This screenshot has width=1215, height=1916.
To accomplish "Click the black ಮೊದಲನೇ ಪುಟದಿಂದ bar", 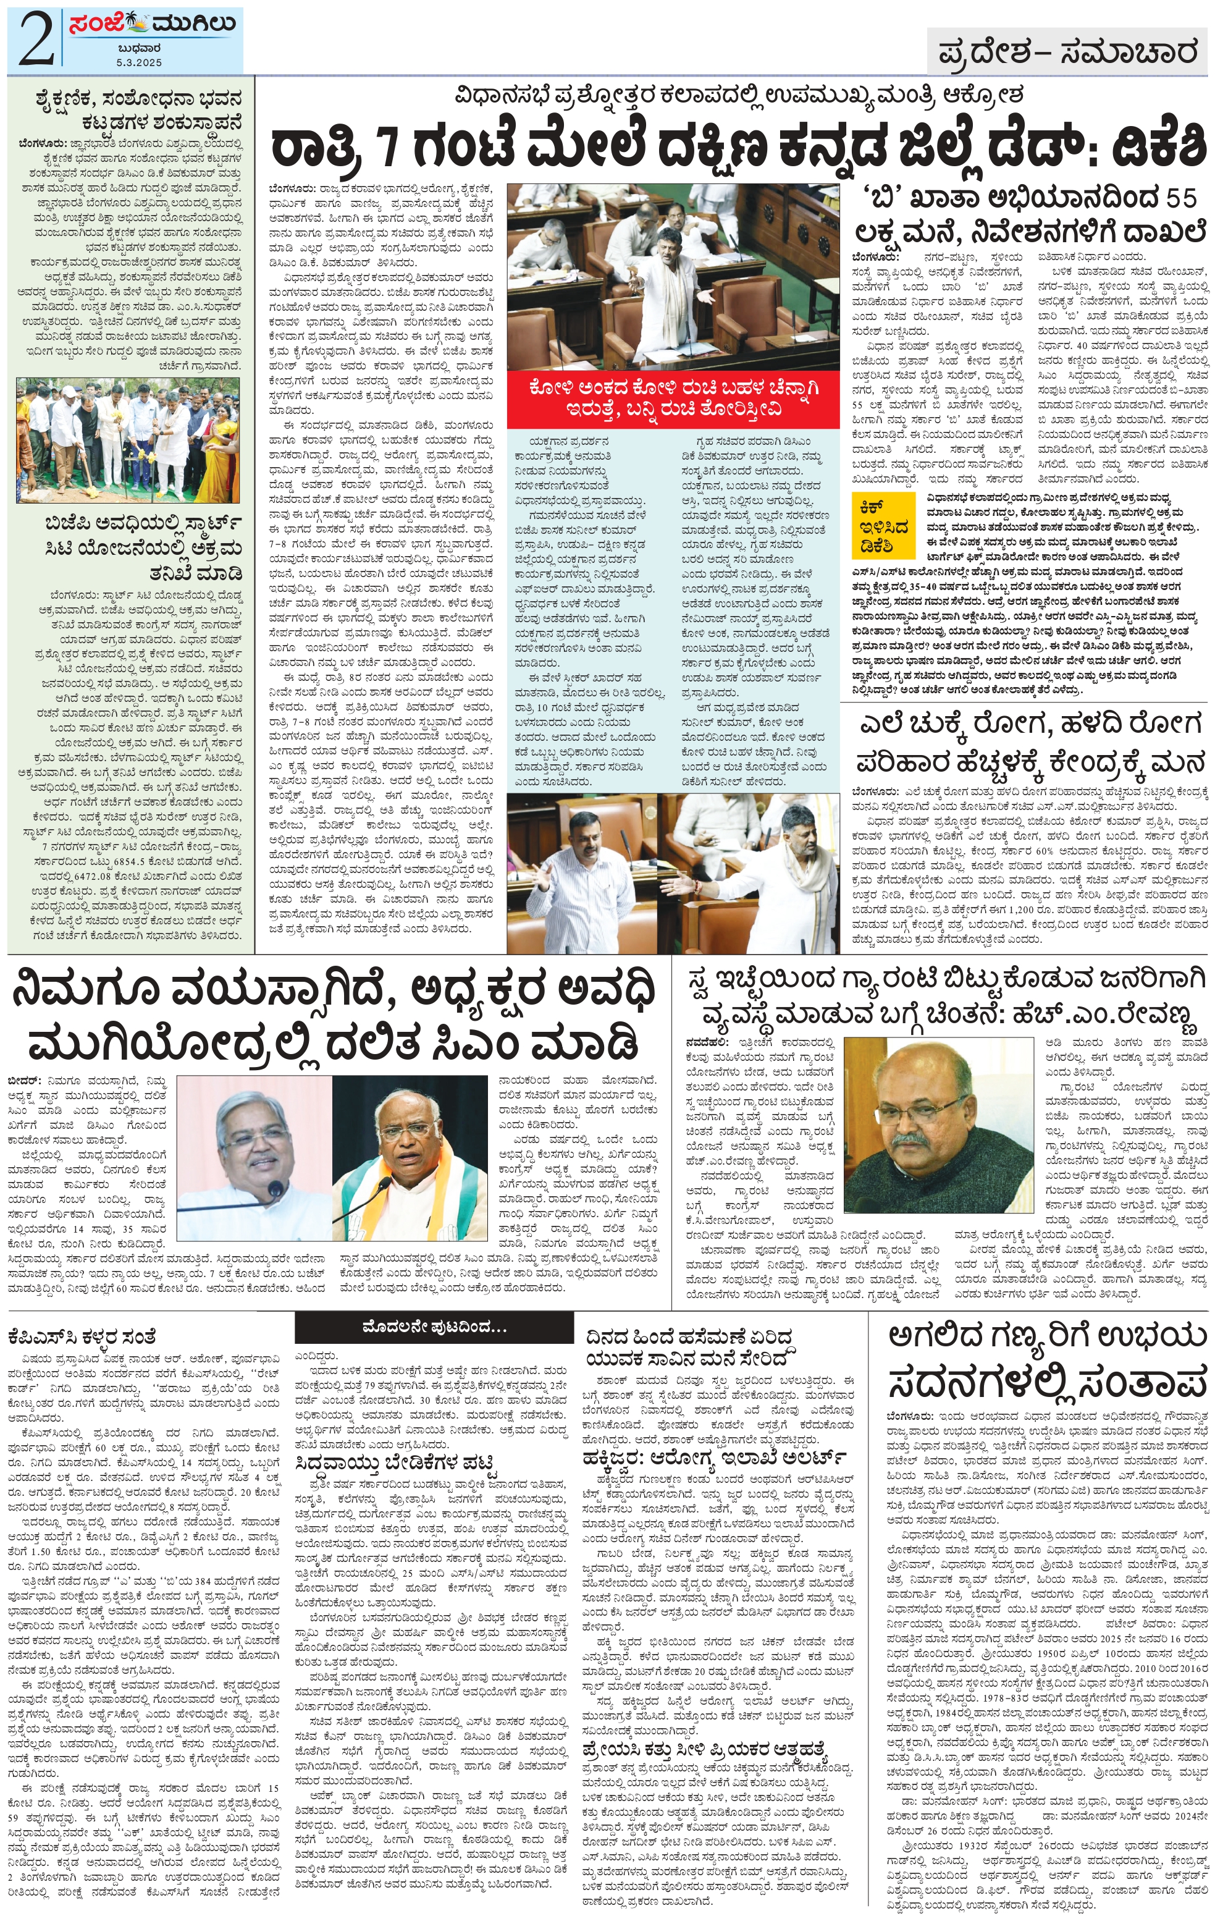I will click(x=434, y=1327).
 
